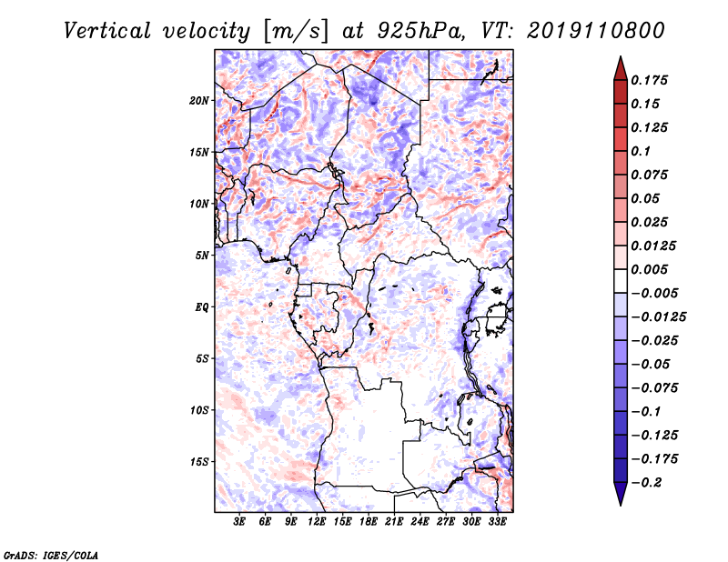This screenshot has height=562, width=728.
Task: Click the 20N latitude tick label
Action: [x=199, y=101]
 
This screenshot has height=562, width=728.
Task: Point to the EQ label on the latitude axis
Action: [x=202, y=307]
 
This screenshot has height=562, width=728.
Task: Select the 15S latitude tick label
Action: [x=199, y=462]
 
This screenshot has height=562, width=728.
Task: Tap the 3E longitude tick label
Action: [x=239, y=521]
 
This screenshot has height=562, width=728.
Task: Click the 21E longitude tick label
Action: [x=394, y=521]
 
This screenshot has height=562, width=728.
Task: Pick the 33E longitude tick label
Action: [x=497, y=521]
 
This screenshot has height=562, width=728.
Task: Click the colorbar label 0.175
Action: [x=649, y=80]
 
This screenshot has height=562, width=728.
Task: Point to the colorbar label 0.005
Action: [x=649, y=269]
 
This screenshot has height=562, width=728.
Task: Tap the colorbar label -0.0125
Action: [x=658, y=317]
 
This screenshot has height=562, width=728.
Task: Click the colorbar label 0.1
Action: [x=641, y=151]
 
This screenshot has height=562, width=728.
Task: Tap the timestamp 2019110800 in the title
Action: [x=596, y=31]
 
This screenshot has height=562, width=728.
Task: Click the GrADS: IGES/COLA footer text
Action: [x=51, y=556]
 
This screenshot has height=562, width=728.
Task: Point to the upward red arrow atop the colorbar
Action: [x=621, y=68]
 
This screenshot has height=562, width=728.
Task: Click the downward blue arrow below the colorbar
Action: [x=621, y=494]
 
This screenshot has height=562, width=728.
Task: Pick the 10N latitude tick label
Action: [x=199, y=204]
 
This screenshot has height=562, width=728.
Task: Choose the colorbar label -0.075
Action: [x=654, y=388]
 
